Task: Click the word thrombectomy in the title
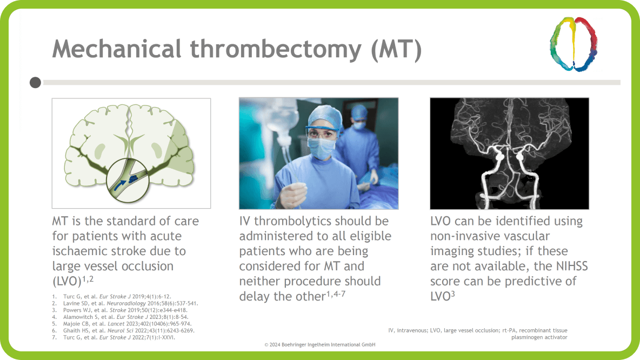tap(275, 50)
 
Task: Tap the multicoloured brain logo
tap(574, 44)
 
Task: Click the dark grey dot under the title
tap(35, 83)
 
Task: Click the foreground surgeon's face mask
tap(320, 146)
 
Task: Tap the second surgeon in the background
tap(361, 130)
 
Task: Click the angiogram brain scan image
tap(509, 154)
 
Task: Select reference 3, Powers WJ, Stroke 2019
tap(120, 310)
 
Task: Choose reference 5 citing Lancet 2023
tap(125, 323)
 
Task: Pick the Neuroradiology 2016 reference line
tap(125, 303)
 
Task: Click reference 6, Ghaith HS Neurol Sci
tap(124, 330)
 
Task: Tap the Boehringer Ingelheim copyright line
tap(319, 344)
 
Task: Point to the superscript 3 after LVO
tap(452, 294)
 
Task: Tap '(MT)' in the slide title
tap(396, 50)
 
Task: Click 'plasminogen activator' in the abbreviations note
tap(539, 337)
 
